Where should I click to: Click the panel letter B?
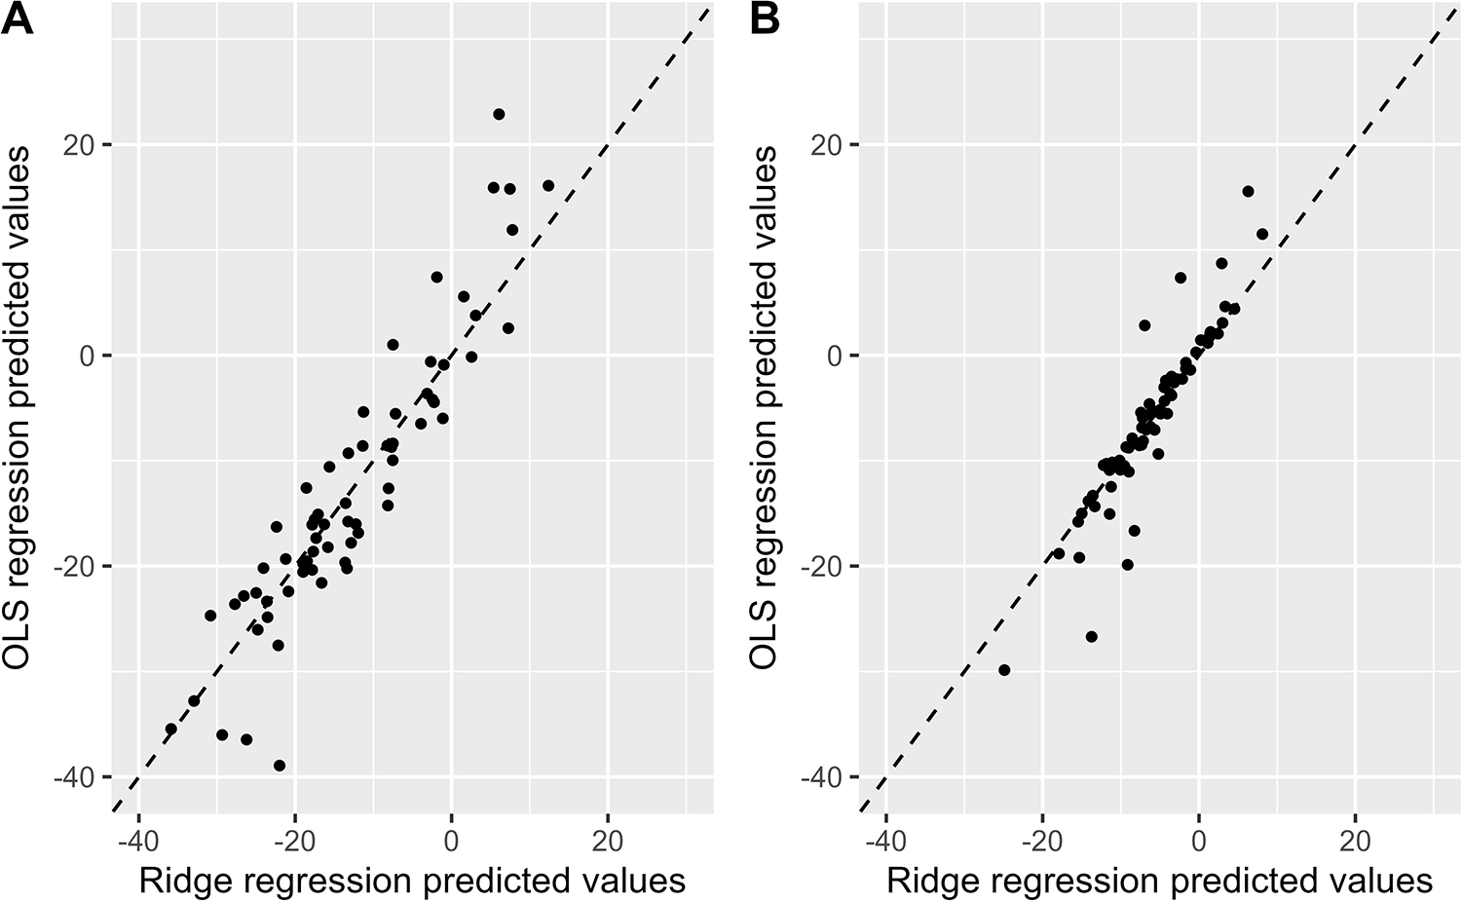(766, 19)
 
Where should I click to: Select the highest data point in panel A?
(499, 114)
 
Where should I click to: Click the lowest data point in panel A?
(280, 766)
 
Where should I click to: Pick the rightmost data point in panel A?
(548, 185)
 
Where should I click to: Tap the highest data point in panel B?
(1248, 192)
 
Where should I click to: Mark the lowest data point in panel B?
(1004, 670)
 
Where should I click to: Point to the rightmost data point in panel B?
(1262, 234)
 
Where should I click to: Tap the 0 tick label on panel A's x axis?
(452, 840)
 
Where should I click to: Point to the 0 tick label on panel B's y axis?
(834, 356)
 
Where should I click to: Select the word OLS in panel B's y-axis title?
(765, 638)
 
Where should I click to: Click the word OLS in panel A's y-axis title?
(18, 638)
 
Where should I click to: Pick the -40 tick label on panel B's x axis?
(885, 840)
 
